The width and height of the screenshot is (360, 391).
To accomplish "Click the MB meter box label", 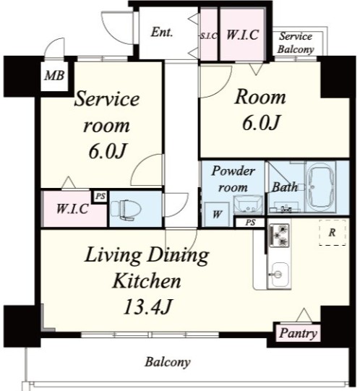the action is [x=54, y=76].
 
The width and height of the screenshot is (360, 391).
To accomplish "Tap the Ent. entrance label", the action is [x=162, y=33].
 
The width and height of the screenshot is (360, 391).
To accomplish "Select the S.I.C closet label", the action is [x=209, y=36].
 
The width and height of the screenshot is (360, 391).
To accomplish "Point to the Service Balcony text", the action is [x=296, y=43].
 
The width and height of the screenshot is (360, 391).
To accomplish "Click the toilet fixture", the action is [x=125, y=210].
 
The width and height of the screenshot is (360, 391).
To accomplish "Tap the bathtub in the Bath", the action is [x=320, y=187].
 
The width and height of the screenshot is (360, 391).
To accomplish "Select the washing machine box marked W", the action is [x=216, y=214].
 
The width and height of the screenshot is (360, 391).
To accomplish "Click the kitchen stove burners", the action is [x=279, y=235].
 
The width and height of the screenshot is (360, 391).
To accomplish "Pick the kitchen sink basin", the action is [x=280, y=275].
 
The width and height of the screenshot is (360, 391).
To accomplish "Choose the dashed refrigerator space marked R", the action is [x=333, y=233].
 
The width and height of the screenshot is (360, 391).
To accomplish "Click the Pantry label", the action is [x=298, y=333].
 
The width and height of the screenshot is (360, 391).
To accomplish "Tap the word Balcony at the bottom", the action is [x=168, y=362].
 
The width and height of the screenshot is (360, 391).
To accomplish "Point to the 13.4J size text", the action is [x=147, y=306].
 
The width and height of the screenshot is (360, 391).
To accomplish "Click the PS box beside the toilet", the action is [x=100, y=197].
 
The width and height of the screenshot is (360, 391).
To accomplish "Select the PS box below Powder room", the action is [x=250, y=222].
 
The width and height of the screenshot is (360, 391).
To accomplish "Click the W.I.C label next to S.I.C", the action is [x=242, y=35].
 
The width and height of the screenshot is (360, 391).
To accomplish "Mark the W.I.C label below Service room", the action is [x=72, y=209].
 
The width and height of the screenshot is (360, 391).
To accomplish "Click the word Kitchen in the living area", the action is [x=147, y=281].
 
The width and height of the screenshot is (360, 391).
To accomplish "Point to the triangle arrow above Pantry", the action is [x=304, y=315].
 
